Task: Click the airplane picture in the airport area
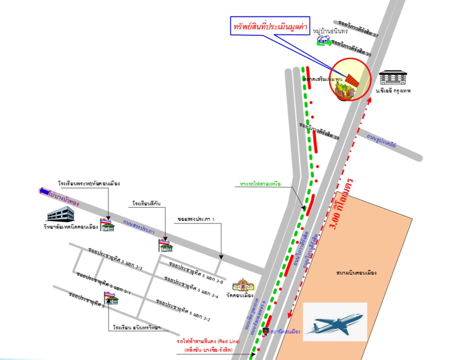(334, 321)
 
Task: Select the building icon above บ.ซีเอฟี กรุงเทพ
(392, 77)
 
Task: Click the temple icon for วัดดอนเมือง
(243, 285)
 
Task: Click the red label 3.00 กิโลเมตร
(344, 204)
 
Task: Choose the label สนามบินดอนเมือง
(356, 273)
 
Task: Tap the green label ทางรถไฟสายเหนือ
(260, 184)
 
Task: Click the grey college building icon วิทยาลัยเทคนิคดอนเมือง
(60, 214)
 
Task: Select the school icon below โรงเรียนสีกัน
(165, 245)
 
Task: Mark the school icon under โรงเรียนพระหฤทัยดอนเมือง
(106, 225)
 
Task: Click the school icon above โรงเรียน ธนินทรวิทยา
(111, 298)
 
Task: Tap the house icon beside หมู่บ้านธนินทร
(322, 40)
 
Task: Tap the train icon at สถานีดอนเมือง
(266, 331)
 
